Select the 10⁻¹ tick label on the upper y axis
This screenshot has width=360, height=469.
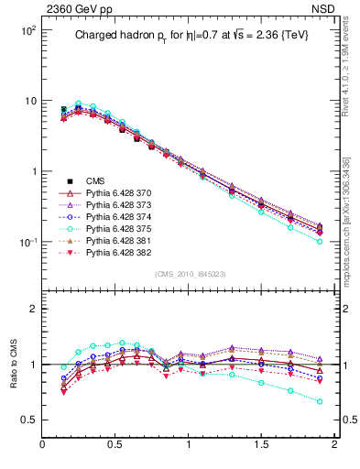point(25,243)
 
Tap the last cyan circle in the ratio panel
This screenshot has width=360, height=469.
point(320,401)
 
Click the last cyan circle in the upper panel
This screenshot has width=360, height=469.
point(320,242)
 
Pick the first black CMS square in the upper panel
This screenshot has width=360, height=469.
point(63,109)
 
